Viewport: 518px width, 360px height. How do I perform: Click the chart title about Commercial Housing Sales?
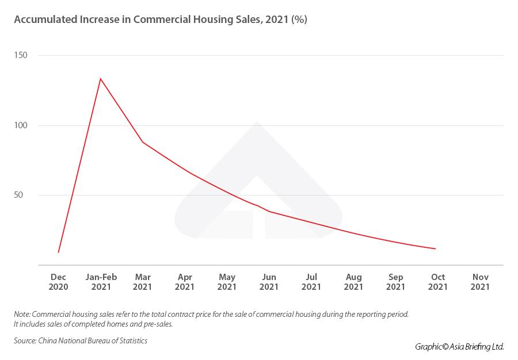click(161, 20)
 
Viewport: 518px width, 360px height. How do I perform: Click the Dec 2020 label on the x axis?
click(58, 282)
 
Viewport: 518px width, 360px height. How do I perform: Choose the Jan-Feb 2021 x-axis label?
click(101, 282)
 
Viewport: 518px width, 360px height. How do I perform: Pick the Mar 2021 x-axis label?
click(143, 282)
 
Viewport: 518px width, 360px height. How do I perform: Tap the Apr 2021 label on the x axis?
click(185, 282)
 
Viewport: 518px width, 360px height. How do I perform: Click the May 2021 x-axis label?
click(227, 282)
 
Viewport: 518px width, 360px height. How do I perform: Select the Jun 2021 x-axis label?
click(269, 282)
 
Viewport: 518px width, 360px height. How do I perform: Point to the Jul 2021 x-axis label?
click(311, 282)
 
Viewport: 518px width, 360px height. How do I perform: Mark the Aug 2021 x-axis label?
click(353, 282)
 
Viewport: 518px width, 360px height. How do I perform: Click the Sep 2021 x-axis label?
click(395, 282)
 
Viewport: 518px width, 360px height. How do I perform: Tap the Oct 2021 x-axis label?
click(438, 282)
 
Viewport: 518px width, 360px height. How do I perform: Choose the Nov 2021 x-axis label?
click(480, 282)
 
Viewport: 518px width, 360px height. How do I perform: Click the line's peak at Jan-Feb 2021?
click(101, 78)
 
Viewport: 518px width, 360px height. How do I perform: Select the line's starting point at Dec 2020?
click(59, 252)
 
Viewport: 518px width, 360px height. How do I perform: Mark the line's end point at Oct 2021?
click(436, 248)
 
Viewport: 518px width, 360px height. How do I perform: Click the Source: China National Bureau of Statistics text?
click(81, 341)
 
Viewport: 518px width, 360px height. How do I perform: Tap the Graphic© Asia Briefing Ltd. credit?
click(459, 347)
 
